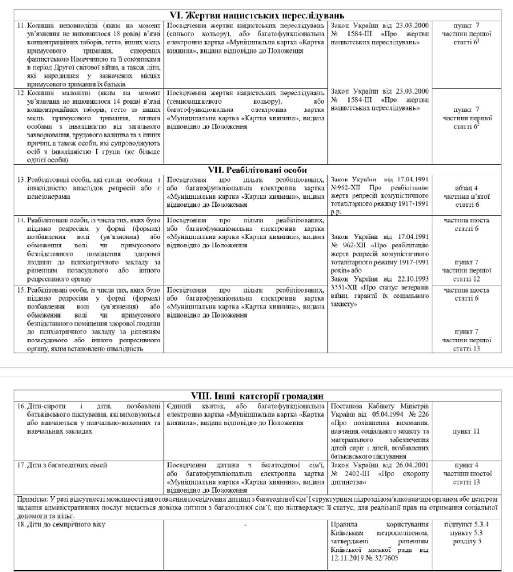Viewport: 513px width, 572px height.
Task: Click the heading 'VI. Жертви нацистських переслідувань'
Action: click(257, 15)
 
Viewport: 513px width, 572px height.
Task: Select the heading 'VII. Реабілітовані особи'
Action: click(257, 170)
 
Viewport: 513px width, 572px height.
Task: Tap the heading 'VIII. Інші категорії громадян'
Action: click(257, 396)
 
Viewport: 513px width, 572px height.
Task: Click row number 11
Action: click(21, 26)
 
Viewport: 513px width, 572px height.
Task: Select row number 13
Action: click(21, 180)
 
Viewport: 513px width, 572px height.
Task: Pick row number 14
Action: click(21, 220)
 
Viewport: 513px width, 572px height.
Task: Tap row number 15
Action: click(21, 290)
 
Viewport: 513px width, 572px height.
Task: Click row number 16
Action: click(21, 406)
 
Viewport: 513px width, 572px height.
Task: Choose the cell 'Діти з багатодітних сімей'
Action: click(67, 465)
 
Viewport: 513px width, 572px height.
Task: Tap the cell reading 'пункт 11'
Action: click(466, 432)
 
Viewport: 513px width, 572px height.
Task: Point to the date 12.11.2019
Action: click(345, 558)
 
